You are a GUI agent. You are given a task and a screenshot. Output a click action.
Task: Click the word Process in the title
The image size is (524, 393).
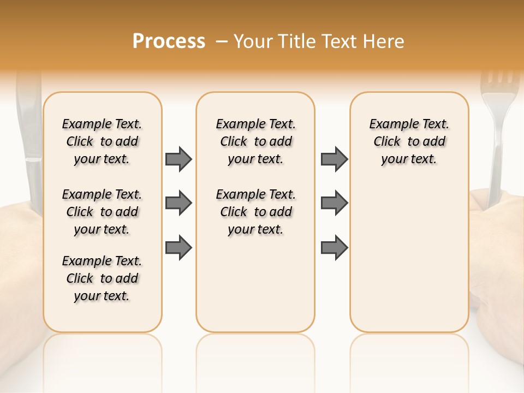[169, 41]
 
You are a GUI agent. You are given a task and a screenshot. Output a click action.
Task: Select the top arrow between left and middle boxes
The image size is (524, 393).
[178, 159]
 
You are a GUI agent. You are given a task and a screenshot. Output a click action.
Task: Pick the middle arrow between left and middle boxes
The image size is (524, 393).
[178, 203]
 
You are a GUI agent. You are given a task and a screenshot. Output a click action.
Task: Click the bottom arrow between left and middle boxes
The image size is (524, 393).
[178, 247]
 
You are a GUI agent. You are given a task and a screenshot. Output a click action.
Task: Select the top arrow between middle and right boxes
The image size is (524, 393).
[334, 159]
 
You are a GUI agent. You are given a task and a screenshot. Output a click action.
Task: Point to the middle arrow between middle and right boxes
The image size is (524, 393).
[334, 203]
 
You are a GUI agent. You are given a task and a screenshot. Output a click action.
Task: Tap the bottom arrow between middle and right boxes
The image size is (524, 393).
[334, 247]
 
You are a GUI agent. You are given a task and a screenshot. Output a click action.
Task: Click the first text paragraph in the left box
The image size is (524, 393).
[102, 141]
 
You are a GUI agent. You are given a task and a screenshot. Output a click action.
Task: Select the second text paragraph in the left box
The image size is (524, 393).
[102, 212]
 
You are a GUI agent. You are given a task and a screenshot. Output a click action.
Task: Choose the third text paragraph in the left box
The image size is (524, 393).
[102, 278]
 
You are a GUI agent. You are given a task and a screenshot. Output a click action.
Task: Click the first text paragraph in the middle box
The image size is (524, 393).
[255, 141]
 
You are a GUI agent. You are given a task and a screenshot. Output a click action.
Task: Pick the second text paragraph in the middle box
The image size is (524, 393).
[255, 212]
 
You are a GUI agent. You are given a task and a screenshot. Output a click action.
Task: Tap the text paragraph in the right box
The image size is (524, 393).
[409, 141]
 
